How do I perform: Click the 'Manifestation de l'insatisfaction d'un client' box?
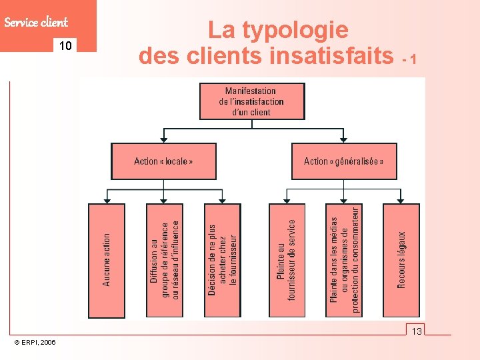251,101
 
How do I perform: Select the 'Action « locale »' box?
163,161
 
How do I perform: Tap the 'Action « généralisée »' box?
344,161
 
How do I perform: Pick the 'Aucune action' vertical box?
107,260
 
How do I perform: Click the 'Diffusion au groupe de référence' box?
164,260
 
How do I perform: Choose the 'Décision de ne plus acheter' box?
221,260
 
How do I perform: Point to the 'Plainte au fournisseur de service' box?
287,260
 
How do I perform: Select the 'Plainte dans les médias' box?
344,260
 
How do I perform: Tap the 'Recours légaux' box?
401,260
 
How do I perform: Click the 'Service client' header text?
36,22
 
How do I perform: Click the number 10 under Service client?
65,46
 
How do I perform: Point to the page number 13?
417,331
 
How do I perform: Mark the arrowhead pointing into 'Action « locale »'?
163,140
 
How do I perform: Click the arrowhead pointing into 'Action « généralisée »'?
343,140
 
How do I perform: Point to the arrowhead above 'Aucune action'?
107,200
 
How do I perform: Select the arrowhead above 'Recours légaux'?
401,200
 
